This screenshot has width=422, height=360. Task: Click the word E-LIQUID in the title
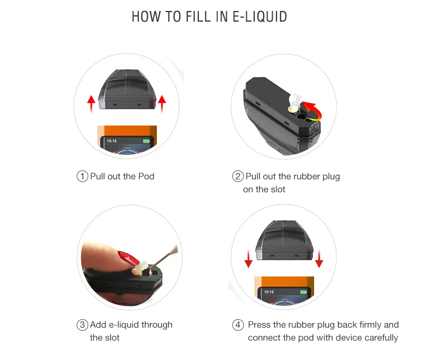point(260,16)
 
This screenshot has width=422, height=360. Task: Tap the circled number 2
point(237,176)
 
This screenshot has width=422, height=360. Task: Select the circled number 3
point(82,325)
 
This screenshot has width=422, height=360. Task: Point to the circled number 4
point(237,325)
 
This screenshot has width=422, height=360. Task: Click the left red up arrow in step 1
point(91,103)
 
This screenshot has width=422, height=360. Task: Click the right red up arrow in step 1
point(161,103)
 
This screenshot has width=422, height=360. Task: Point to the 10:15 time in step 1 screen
point(112,141)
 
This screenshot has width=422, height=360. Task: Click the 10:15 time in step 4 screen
point(269,291)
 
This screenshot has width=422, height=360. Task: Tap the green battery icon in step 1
point(146,141)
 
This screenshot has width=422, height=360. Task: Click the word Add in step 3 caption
point(99,325)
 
